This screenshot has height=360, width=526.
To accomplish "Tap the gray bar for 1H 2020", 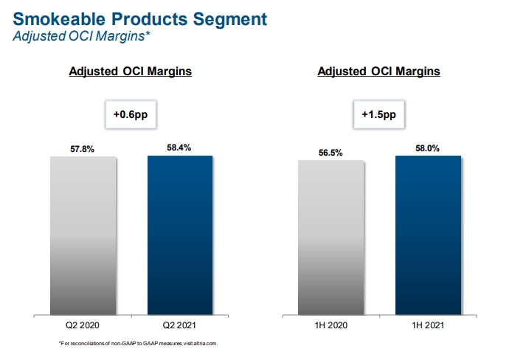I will click(331, 236).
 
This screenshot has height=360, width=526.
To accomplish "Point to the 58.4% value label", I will click(180, 148).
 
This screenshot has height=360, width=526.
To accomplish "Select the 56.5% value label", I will click(331, 153).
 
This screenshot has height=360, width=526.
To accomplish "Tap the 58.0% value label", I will click(428, 148).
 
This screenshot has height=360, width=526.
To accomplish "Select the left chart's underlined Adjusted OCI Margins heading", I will click(131, 72).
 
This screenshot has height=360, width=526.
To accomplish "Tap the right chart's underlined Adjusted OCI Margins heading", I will click(378, 72).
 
